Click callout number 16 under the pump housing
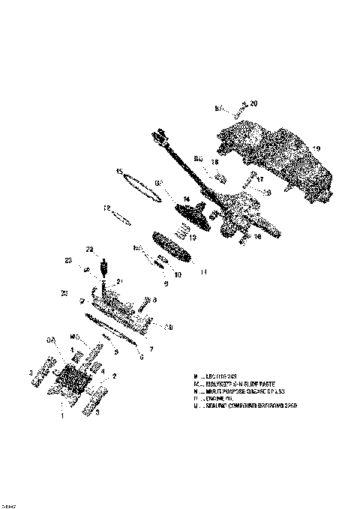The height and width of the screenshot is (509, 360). (257, 236)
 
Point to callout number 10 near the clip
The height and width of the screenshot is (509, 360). (178, 274)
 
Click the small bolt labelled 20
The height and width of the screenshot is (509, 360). (238, 109)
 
